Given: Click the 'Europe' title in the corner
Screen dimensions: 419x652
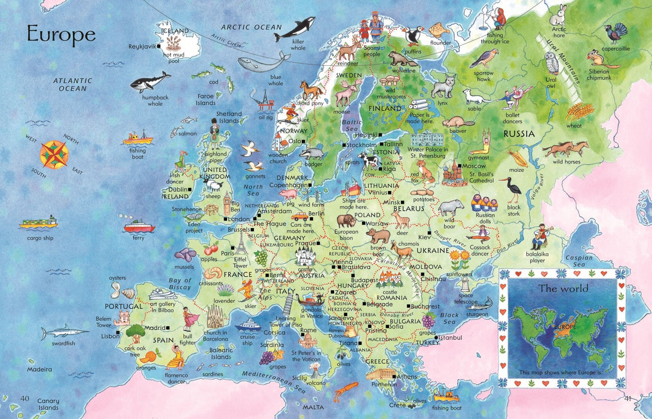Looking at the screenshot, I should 61,35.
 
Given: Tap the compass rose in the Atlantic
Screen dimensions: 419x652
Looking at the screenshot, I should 54,153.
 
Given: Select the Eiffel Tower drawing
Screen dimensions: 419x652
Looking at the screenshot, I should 240,243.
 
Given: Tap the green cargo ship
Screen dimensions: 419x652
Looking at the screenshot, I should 38,223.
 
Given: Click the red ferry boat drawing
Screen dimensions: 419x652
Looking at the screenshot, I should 138,227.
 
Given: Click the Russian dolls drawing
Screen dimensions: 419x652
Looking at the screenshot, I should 482,202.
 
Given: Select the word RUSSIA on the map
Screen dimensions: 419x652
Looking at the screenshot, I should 518,134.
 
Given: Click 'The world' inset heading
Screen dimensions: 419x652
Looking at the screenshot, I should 563,289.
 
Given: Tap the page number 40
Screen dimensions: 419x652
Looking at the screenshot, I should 25,399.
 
